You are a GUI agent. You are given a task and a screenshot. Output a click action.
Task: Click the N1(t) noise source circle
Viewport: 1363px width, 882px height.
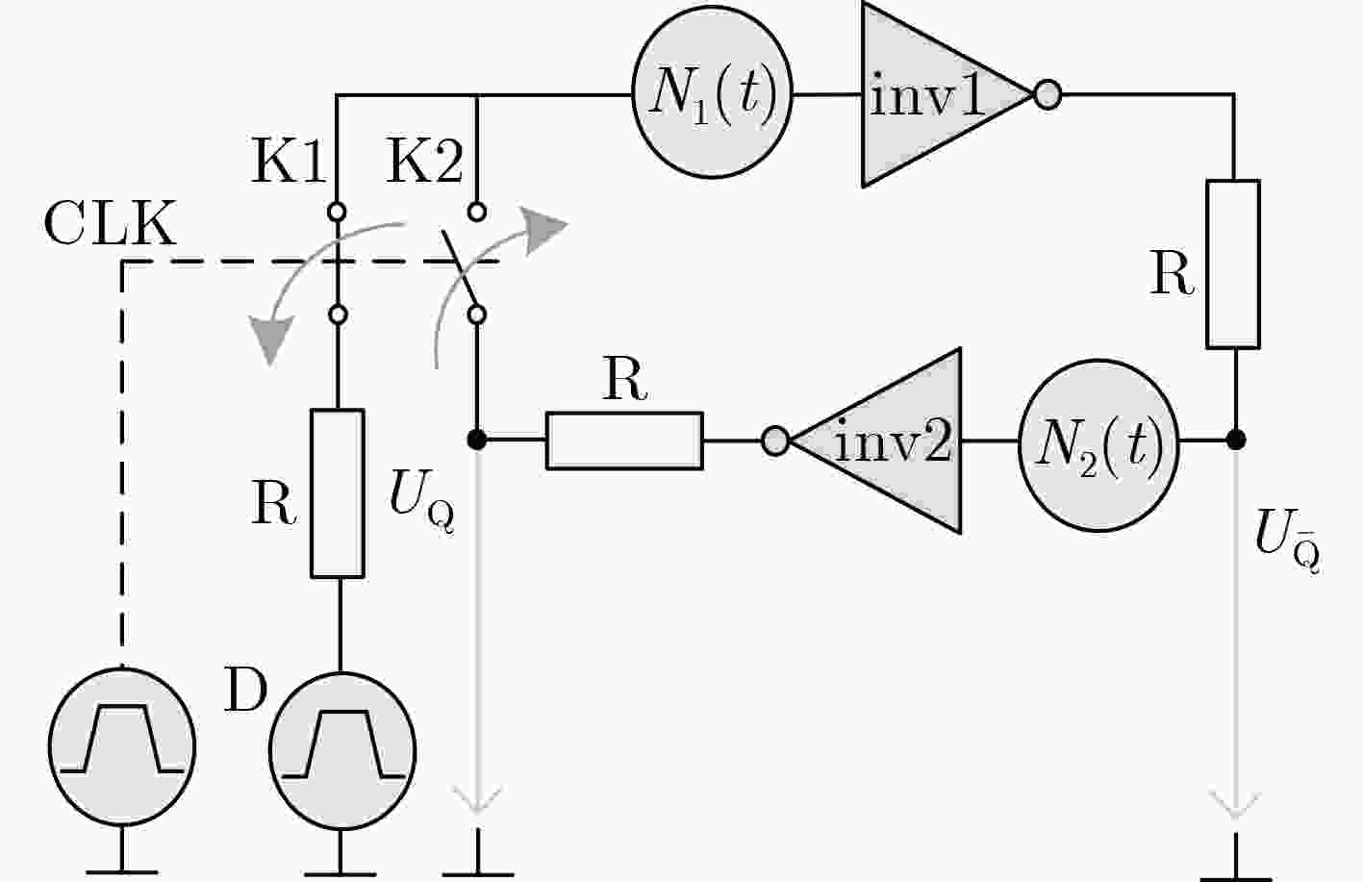[713, 92]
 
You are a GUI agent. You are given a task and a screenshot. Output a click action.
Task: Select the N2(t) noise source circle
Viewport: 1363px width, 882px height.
[1098, 446]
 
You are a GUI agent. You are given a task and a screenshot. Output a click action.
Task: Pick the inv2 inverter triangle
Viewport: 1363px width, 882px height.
[875, 441]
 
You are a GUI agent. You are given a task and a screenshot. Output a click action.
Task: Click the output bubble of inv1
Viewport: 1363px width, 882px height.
[1047, 95]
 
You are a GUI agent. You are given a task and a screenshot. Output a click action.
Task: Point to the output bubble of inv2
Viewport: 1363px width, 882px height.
[775, 441]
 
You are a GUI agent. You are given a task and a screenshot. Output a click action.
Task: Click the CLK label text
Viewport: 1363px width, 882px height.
[110, 224]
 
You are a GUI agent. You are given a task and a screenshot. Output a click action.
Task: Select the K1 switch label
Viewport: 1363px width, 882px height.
[289, 162]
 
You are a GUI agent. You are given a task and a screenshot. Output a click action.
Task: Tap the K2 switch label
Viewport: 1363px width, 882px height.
[425, 162]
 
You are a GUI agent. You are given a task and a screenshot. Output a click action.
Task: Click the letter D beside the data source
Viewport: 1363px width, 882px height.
[246, 690]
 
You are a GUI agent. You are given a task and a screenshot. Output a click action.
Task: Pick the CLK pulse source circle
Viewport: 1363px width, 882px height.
[122, 747]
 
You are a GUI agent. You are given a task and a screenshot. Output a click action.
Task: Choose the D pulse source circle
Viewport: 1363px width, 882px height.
[342, 750]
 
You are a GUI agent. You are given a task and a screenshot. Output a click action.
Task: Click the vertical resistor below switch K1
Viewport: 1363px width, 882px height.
[338, 493]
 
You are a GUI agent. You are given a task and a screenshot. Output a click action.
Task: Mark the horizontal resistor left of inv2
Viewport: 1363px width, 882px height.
[625, 441]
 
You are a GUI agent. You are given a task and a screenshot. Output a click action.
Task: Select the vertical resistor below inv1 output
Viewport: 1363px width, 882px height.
[1233, 264]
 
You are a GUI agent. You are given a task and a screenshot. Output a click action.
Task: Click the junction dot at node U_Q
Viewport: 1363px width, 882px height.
[477, 440]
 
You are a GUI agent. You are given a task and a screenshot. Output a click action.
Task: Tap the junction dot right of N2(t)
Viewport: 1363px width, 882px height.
[1236, 440]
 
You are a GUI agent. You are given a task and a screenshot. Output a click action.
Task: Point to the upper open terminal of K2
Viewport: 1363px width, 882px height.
[478, 213]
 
